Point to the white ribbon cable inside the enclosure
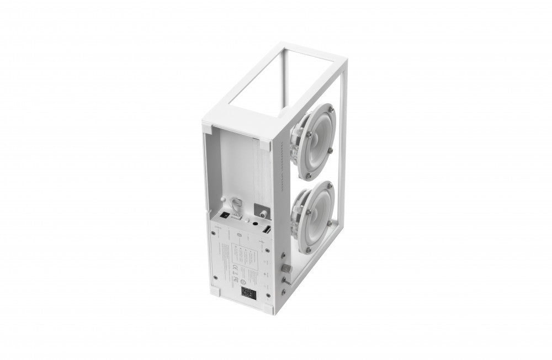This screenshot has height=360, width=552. [x=237, y=205]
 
